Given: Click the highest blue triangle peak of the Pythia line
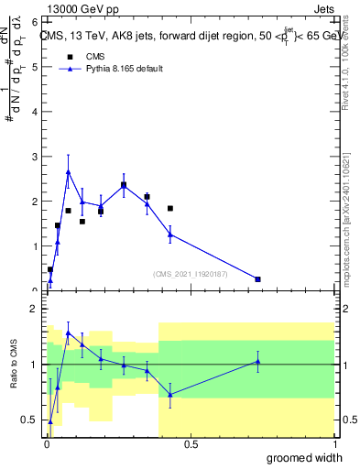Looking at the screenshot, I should (x=68, y=171).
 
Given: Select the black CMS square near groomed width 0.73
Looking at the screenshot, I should (x=257, y=278).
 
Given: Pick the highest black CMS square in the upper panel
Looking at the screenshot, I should (x=123, y=185).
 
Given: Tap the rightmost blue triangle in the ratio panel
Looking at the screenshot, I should (x=257, y=361).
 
